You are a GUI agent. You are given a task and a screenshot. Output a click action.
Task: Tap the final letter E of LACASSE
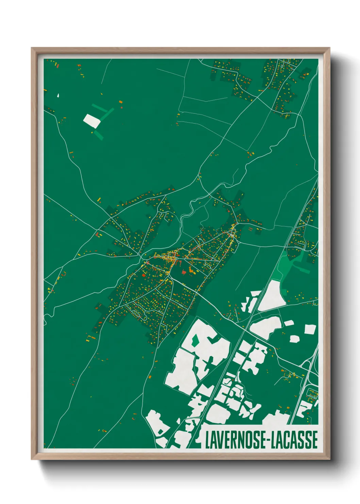pyautogui.click(x=315, y=440)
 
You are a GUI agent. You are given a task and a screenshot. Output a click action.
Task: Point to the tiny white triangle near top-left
pyautogui.click(x=58, y=95)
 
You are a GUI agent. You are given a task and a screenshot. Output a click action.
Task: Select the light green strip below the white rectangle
pyautogui.click(x=99, y=135)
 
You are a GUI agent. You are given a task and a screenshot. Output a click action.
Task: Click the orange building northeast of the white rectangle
pyautogui.click(x=120, y=101)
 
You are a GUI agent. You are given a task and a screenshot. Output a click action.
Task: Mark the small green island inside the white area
pyautogui.click(x=195, y=340)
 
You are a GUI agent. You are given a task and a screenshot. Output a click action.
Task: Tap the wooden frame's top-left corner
pyautogui.click(x=32, y=48)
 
